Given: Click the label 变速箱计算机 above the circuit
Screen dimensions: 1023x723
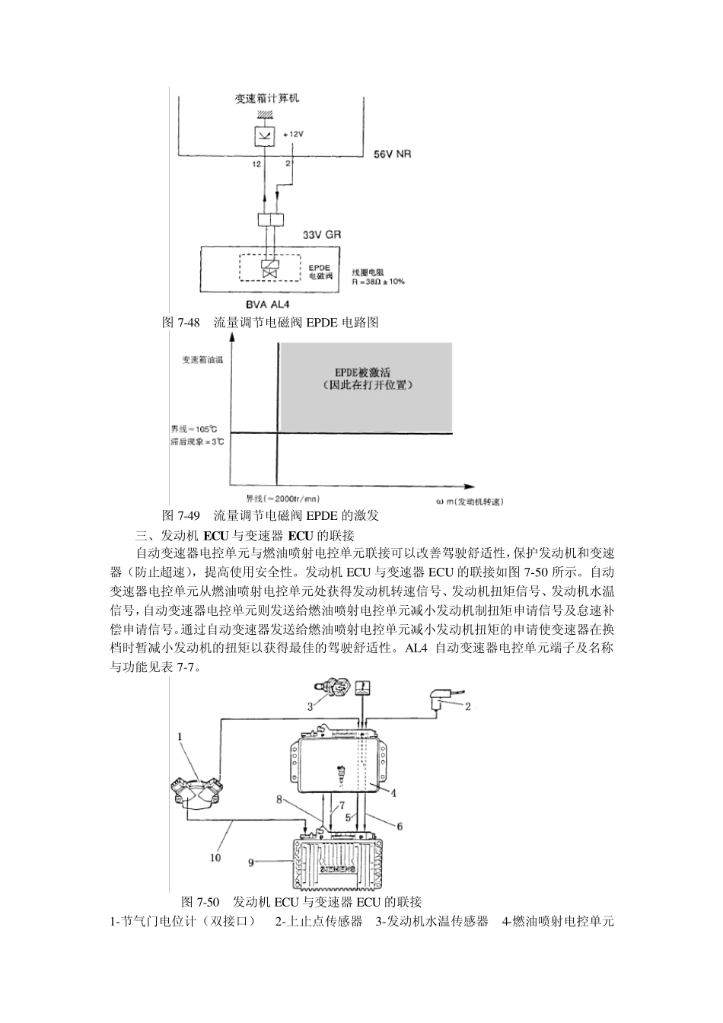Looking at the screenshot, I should click(267, 99).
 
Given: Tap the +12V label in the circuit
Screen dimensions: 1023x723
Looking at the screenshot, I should click(293, 135).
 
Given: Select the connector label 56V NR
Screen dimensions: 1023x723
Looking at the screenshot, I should click(393, 155).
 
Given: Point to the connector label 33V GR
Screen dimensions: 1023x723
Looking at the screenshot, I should click(322, 236).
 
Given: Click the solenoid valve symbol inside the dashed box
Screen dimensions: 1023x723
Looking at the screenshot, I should click(268, 270).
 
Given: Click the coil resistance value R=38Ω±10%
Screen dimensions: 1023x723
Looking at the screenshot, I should click(378, 281).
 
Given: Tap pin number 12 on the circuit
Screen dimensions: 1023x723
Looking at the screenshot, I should click(256, 164).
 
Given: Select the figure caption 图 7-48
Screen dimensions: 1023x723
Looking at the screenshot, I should click(181, 323).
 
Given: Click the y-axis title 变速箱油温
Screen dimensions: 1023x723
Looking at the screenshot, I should click(202, 359).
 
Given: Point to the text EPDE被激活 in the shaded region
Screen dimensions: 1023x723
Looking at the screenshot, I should click(363, 372).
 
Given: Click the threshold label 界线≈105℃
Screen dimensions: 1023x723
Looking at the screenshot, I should click(194, 429).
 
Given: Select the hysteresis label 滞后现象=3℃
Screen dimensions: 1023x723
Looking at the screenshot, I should click(196, 441).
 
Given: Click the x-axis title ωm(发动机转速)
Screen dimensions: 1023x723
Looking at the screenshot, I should click(470, 501).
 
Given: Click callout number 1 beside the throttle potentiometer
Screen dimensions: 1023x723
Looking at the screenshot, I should click(180, 736).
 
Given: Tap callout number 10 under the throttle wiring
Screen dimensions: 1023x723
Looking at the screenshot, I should click(215, 857).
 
